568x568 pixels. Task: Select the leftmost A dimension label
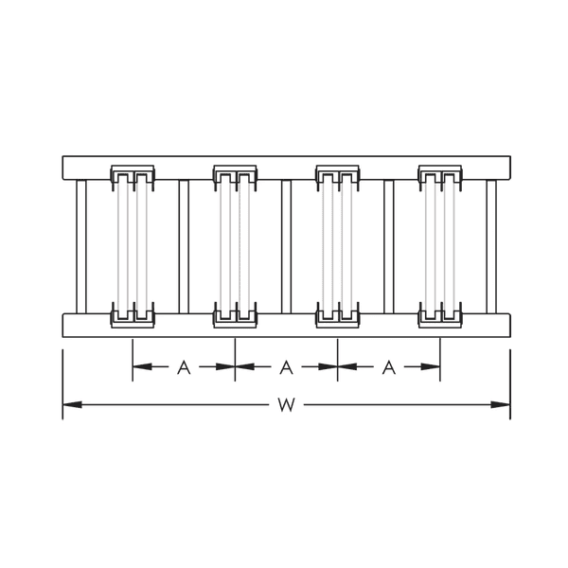point(184,367)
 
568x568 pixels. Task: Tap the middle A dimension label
point(286,367)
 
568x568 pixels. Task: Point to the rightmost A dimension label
point(388,367)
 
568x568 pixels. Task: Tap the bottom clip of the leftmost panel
point(133,314)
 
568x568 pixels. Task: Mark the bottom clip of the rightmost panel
point(440,314)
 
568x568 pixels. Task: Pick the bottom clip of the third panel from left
point(338,314)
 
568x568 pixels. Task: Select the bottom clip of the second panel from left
point(235,314)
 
